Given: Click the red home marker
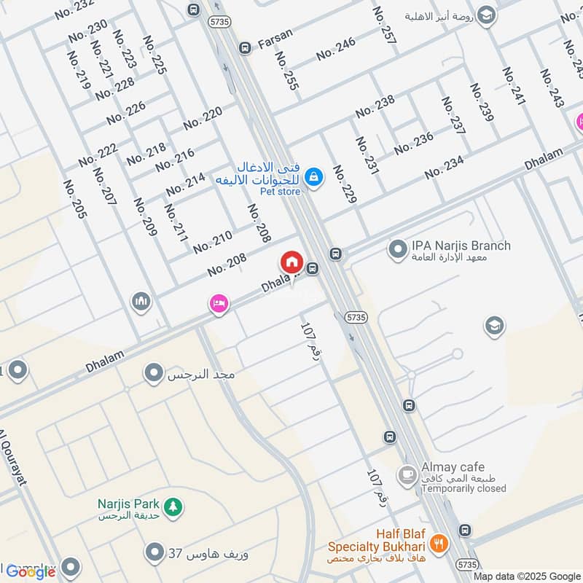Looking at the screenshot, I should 291,262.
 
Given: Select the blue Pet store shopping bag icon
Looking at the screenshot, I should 313,177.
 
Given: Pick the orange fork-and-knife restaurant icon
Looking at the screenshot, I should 438,543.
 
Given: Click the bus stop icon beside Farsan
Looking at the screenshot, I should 245,47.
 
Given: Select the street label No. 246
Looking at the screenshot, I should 335,47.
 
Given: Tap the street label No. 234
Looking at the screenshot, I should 444,168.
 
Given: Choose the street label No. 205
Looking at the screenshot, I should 74,199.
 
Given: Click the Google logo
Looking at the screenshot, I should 31,571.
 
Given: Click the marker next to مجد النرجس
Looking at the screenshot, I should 154,375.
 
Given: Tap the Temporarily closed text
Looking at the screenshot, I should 463,488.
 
